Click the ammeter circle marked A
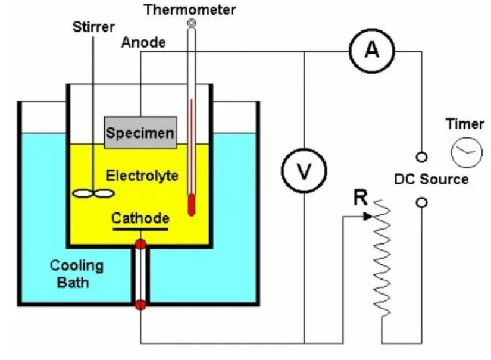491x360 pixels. click(373, 51)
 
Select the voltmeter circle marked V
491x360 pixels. click(304, 171)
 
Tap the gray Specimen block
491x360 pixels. click(140, 132)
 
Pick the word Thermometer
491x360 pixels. click(190, 10)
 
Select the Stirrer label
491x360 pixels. click(93, 27)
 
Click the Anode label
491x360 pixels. click(143, 43)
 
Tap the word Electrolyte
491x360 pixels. click(142, 176)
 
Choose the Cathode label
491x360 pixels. click(140, 218)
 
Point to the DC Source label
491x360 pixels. click(431, 179)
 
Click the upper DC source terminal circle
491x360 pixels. click(421, 157)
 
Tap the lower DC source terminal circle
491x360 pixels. click(421, 203)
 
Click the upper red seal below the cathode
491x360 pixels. click(140, 244)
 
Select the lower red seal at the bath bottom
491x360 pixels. click(140, 305)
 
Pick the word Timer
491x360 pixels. click(465, 124)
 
